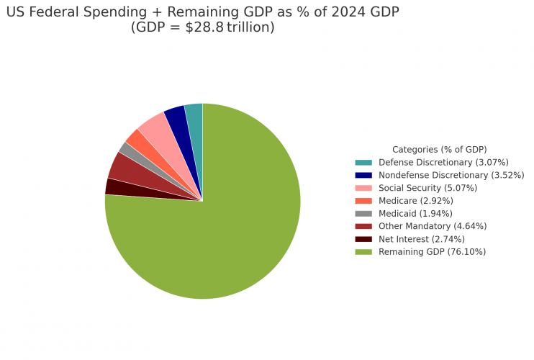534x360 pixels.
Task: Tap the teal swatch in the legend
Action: [363, 163]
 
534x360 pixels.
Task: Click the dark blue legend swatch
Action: [363, 175]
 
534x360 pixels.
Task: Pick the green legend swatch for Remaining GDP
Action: [363, 252]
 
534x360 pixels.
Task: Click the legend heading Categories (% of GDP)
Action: [439, 150]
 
